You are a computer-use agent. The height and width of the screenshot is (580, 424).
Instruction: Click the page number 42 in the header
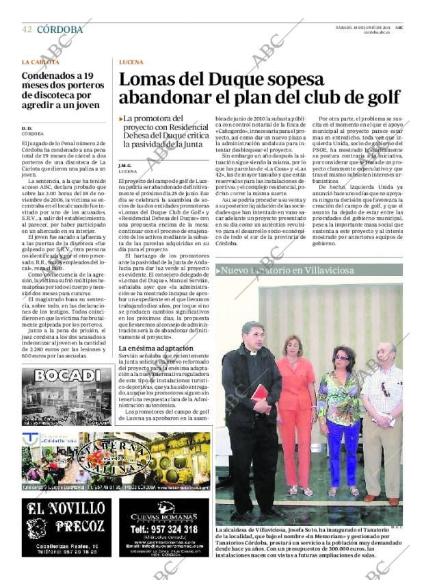point(27,29)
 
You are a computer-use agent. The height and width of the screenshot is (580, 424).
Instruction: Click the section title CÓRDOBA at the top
point(59,29)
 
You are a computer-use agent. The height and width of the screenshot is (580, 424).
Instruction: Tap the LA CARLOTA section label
point(40,62)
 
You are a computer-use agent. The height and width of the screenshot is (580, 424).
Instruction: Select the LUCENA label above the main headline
point(131,62)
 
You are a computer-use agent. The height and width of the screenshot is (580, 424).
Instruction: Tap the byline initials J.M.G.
point(124,165)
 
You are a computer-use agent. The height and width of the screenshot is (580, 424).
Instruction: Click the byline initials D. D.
point(27,128)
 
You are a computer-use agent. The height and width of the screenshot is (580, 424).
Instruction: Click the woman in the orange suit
point(295,411)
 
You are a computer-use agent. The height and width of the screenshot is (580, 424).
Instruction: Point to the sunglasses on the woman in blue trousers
point(341,357)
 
